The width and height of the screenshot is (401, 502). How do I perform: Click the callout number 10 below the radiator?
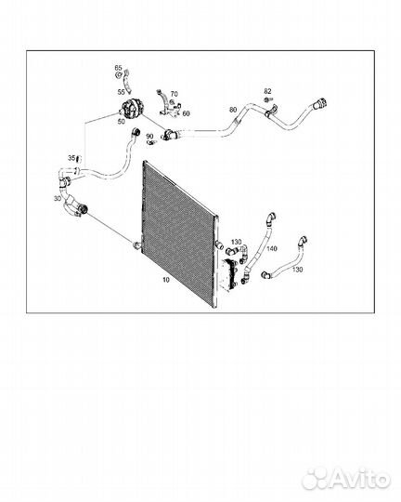click(x=166, y=280)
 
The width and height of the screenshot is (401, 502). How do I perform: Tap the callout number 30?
click(x=58, y=199)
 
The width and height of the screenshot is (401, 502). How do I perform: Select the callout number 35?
click(x=71, y=158)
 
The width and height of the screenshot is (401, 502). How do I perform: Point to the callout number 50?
click(x=122, y=122)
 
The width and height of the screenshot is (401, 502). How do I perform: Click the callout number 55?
click(x=121, y=92)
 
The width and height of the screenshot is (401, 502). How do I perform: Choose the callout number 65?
click(x=118, y=68)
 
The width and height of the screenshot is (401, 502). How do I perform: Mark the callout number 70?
click(x=174, y=94)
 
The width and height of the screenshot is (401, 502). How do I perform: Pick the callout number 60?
click(x=186, y=113)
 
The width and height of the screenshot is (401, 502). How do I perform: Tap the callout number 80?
click(x=233, y=110)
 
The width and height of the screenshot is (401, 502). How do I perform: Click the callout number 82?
click(x=267, y=91)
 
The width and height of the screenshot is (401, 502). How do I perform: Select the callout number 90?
click(x=149, y=137)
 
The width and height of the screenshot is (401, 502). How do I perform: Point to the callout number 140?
click(x=272, y=248)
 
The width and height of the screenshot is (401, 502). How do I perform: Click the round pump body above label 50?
click(x=133, y=109)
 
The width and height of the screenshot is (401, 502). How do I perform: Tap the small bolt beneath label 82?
click(x=267, y=100)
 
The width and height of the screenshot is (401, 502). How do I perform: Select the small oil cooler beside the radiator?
click(x=228, y=273)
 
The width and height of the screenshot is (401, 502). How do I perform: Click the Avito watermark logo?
click(x=346, y=479)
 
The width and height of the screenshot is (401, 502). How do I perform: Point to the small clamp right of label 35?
click(x=79, y=158)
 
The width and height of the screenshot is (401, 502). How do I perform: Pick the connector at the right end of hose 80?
click(x=319, y=104)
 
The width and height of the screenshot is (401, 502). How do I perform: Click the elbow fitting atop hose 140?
click(x=270, y=218)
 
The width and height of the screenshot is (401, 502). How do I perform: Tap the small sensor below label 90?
click(x=150, y=142)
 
